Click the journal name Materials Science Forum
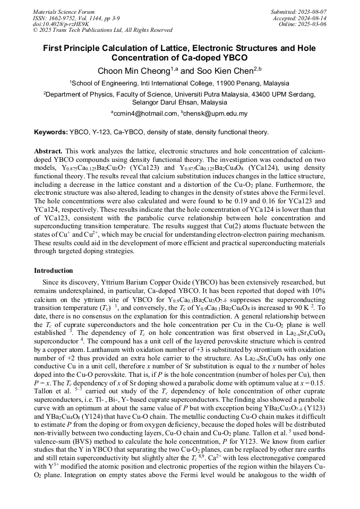point(64,11)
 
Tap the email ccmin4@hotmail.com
point(145,114)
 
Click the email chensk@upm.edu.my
point(216,114)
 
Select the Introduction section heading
point(54,271)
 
